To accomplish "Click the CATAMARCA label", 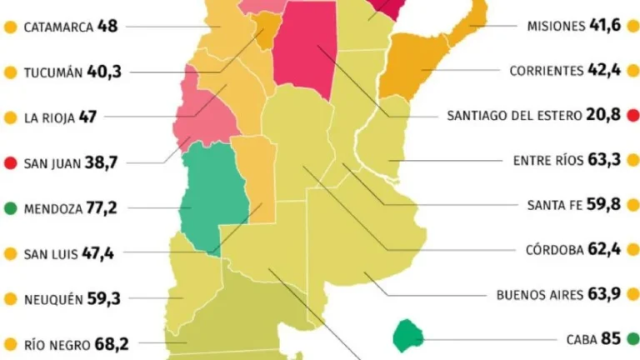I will coord(58,27).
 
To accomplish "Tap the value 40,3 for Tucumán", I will coord(105,72).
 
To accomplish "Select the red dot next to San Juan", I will coord(10,162).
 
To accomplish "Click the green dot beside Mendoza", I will coord(10,208).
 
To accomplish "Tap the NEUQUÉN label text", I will coord(54,298).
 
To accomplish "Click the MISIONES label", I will coord(556,27).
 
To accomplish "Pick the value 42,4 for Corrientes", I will coord(604,71).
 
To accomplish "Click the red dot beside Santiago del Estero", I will coord(634,115).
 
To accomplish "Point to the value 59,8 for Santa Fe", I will coord(604,205).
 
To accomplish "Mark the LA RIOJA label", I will coord(48,117).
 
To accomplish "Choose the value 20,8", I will coord(604,115).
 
